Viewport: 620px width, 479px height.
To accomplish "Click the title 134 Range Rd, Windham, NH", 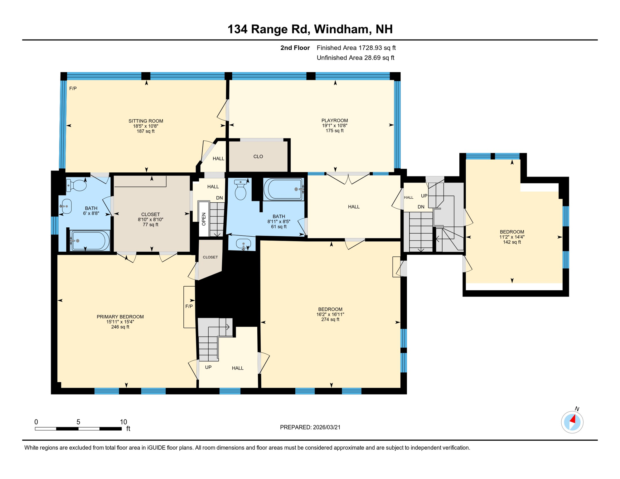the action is (x=310, y=29).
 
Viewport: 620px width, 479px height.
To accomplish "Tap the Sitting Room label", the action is (x=146, y=121).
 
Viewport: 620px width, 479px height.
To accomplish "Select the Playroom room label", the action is (x=335, y=120).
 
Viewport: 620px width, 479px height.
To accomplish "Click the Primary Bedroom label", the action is (x=120, y=317).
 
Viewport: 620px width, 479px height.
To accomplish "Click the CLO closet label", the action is (x=258, y=157).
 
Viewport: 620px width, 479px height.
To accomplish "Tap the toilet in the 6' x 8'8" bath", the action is (x=76, y=185).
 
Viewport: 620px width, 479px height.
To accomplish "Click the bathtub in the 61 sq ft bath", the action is (x=283, y=189).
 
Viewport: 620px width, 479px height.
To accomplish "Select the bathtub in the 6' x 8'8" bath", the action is (x=90, y=241).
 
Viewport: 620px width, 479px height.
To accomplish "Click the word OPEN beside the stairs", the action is (x=204, y=219).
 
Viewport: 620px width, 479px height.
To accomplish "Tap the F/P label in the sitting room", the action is (x=73, y=89).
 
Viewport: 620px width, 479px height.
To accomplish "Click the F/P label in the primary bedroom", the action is (x=189, y=307).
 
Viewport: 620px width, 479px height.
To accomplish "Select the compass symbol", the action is (x=572, y=422).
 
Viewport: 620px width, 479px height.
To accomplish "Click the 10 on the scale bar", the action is (x=124, y=422).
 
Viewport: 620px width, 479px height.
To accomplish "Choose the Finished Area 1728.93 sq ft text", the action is (x=356, y=48).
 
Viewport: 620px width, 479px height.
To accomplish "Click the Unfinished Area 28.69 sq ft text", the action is (x=356, y=58).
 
